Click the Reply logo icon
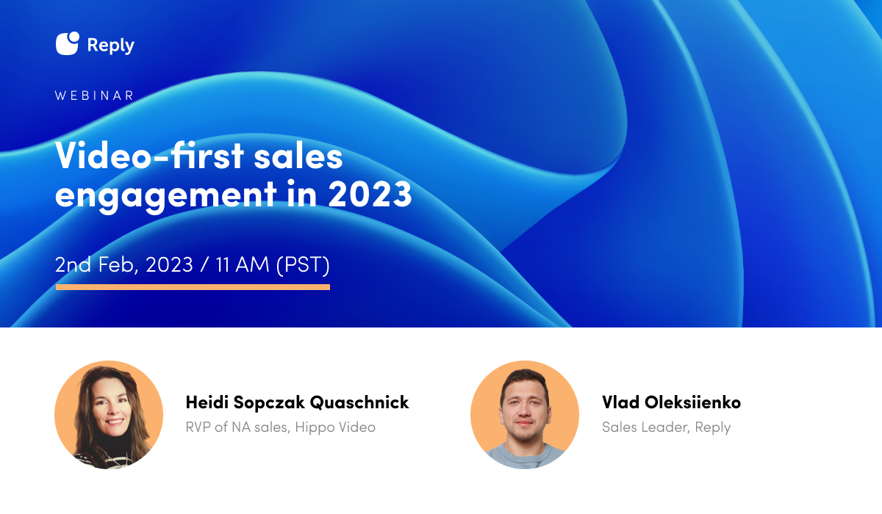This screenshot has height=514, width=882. (68, 43)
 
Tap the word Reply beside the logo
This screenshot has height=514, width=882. (111, 46)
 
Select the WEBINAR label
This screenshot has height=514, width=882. (95, 95)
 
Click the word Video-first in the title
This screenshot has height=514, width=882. (149, 156)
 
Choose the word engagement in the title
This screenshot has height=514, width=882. (166, 194)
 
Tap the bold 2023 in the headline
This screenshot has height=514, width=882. (370, 193)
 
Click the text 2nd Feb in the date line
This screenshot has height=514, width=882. (96, 264)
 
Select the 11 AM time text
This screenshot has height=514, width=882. (242, 264)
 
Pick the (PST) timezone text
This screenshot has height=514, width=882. (303, 264)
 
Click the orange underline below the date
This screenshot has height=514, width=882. (193, 287)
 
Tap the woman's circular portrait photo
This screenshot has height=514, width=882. (109, 414)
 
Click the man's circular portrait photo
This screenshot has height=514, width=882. (525, 414)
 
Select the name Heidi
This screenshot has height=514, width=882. (207, 402)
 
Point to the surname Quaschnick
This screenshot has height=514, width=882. (359, 402)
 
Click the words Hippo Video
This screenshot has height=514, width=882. (335, 427)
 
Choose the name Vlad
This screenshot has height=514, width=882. (620, 402)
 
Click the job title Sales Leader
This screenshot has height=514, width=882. (646, 427)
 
